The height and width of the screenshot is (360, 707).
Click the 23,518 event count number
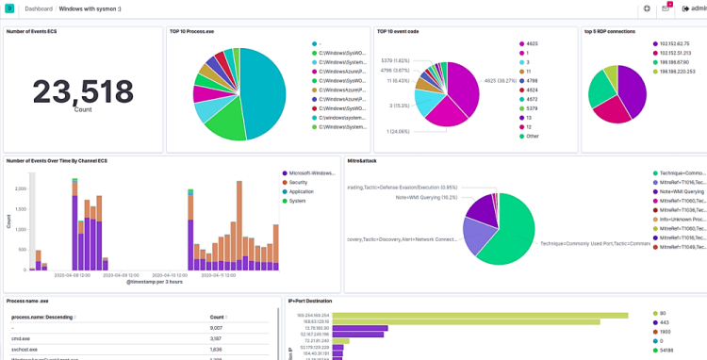pyautogui.click(x=83, y=92)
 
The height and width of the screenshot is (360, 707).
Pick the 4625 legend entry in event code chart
pyautogui.click(x=531, y=44)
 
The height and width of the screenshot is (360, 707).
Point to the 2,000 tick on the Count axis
pyautogui.click(x=20, y=188)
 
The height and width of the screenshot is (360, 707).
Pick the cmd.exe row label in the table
pyautogui.click(x=20, y=338)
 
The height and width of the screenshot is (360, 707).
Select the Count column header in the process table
pyautogui.click(x=217, y=318)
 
